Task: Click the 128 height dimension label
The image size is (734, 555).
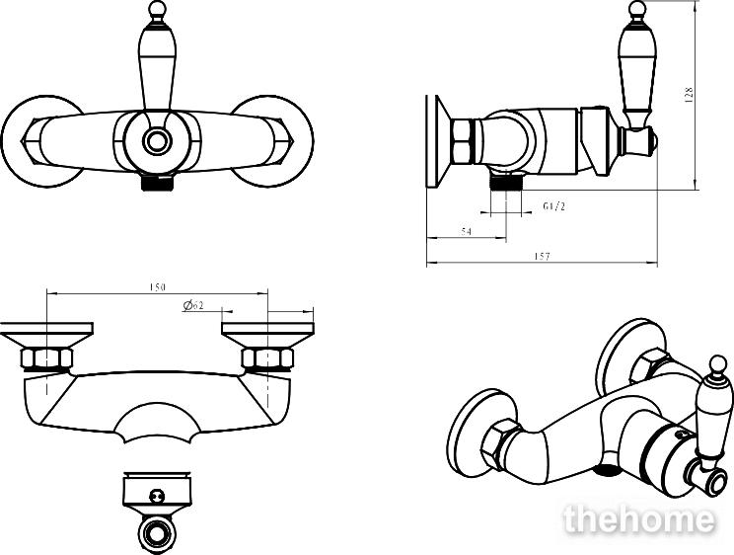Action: [689, 95]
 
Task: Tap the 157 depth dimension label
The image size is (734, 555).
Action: [542, 256]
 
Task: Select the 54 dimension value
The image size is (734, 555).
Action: [467, 231]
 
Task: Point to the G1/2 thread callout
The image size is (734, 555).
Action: [553, 205]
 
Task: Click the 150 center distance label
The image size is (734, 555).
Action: [157, 286]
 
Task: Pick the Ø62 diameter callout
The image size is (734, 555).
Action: [193, 305]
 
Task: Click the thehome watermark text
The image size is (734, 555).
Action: [639, 519]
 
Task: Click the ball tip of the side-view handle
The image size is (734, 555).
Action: [636, 9]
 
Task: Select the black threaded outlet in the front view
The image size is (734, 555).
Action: [157, 182]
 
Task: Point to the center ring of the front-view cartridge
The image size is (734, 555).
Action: [157, 140]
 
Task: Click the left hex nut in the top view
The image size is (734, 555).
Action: [46, 358]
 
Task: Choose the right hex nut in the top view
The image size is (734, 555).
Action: [267, 358]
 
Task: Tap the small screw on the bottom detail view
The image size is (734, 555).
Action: [156, 496]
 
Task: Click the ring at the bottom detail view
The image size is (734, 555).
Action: [157, 533]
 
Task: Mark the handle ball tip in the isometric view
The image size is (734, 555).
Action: [717, 364]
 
